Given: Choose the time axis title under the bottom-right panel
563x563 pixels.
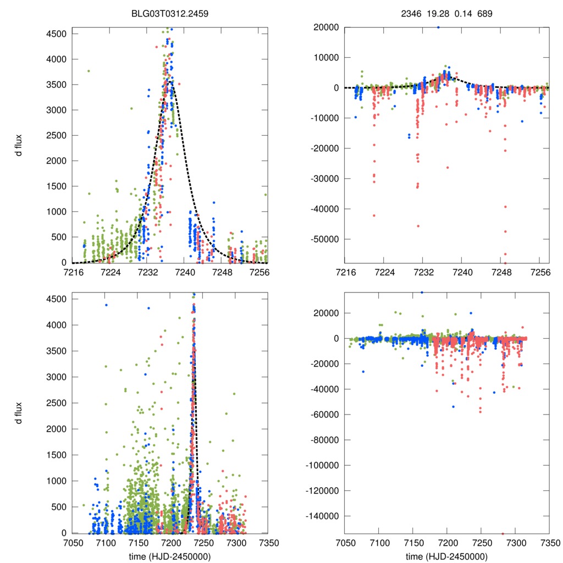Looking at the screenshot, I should (x=446, y=556).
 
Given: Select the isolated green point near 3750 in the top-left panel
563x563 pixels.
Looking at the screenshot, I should (x=89, y=71).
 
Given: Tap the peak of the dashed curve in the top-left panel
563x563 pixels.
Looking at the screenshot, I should (x=171, y=82).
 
